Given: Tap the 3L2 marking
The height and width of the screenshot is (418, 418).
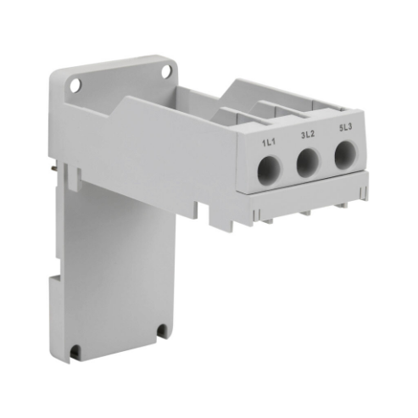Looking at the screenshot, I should tap(306, 136).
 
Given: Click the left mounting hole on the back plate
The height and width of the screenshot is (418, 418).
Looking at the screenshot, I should tap(75, 85).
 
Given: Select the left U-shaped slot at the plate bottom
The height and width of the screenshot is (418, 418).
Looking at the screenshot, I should tap(76, 348).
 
